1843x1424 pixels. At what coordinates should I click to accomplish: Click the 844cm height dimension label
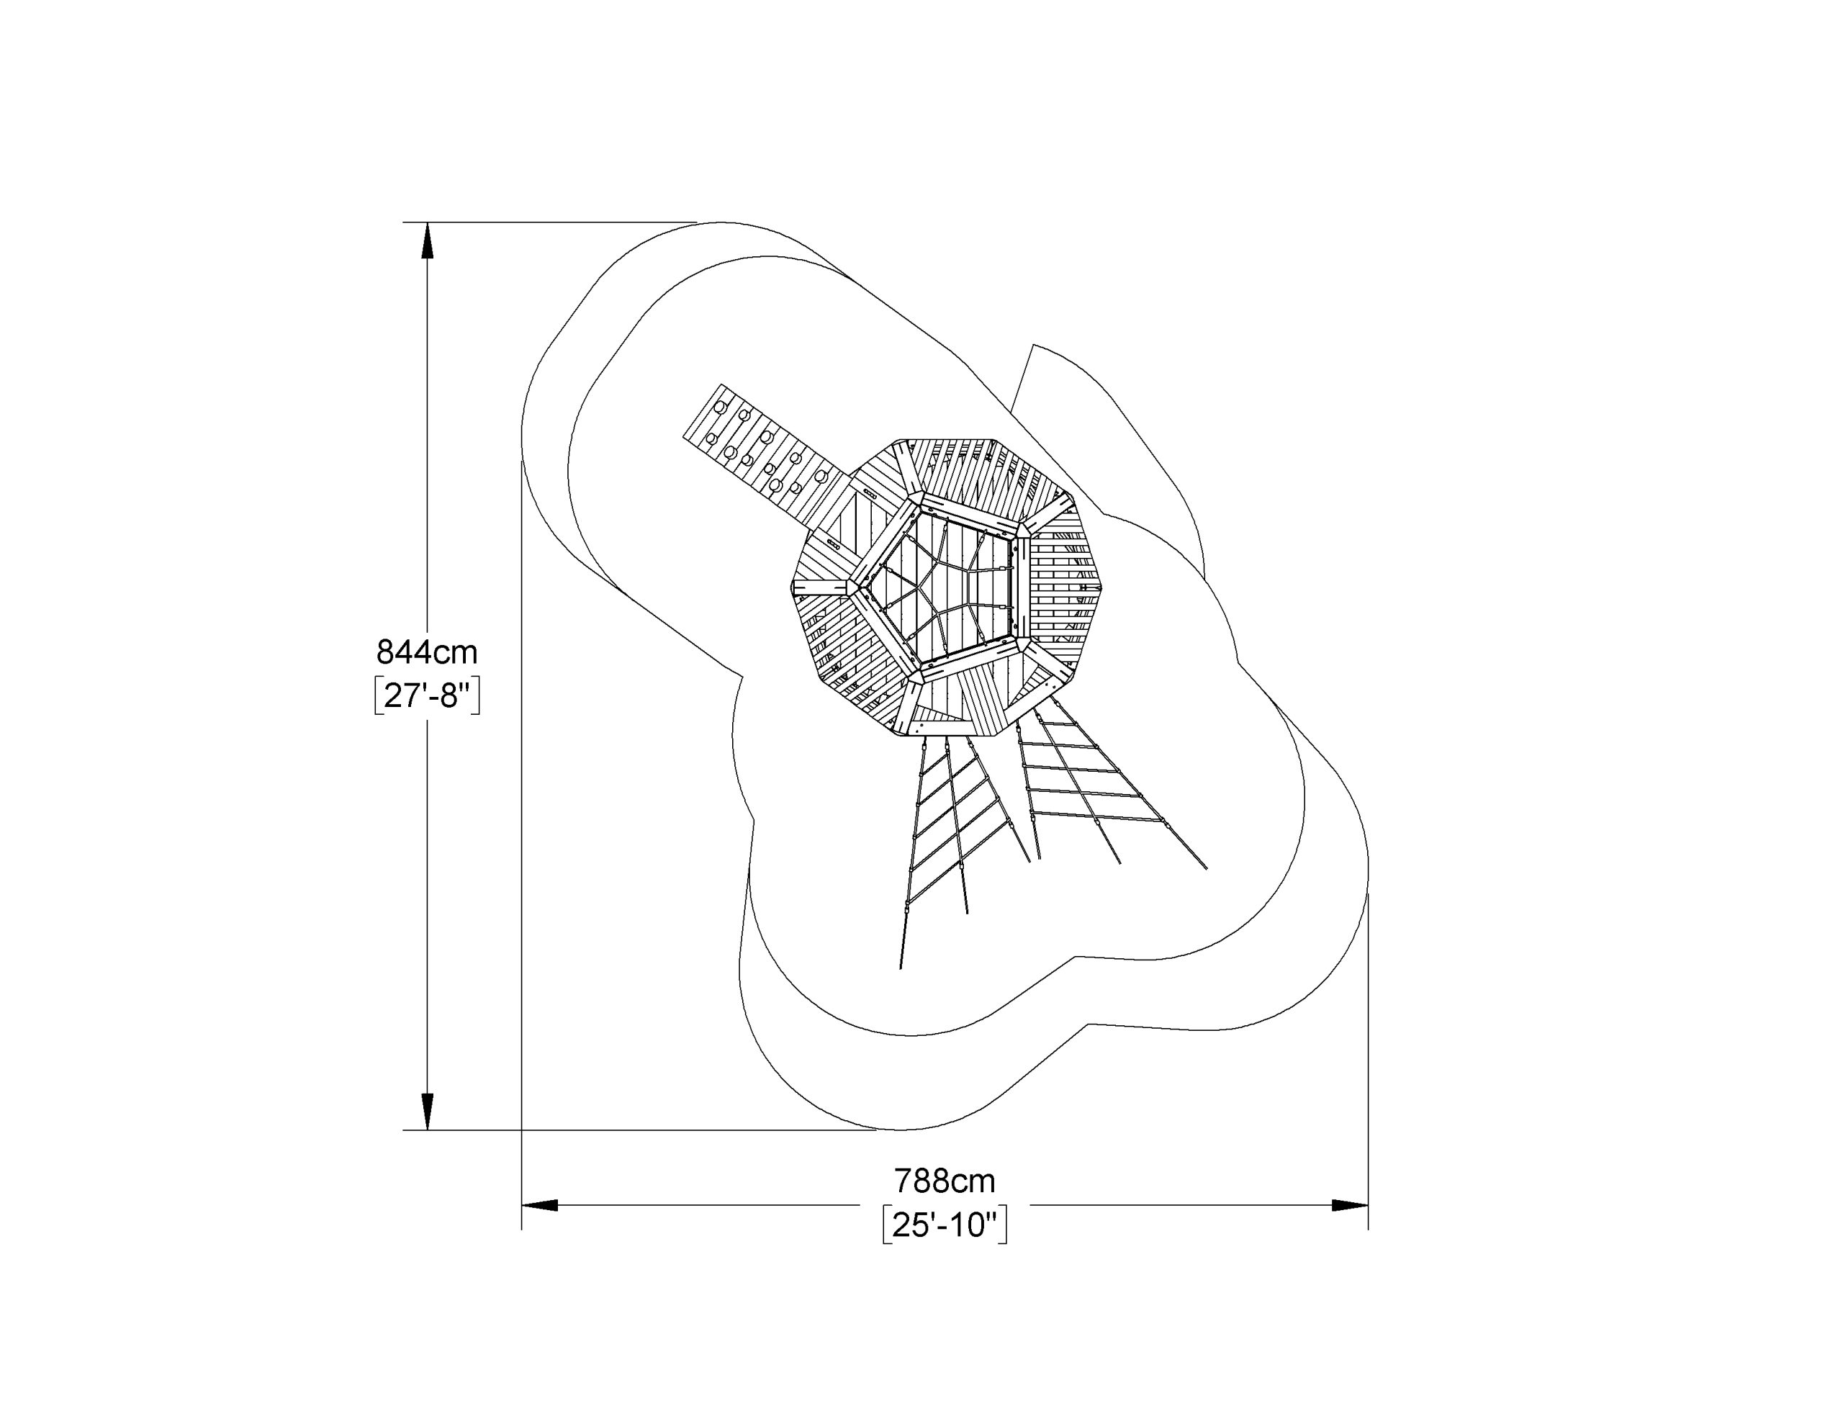(x=427, y=652)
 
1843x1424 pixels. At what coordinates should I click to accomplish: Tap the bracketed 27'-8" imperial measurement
(x=427, y=695)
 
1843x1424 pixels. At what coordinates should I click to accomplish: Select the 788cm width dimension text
(x=945, y=1181)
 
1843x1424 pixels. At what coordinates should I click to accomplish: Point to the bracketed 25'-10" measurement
(x=945, y=1225)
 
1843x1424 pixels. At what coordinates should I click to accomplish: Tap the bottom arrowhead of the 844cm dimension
(x=428, y=1112)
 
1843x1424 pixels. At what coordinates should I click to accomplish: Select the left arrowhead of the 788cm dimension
(x=540, y=1205)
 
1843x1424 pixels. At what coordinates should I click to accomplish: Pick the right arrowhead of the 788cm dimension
(x=1350, y=1205)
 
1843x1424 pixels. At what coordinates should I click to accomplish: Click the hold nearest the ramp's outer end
(x=720, y=407)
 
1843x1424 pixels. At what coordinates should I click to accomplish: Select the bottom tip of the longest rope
(x=901, y=969)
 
